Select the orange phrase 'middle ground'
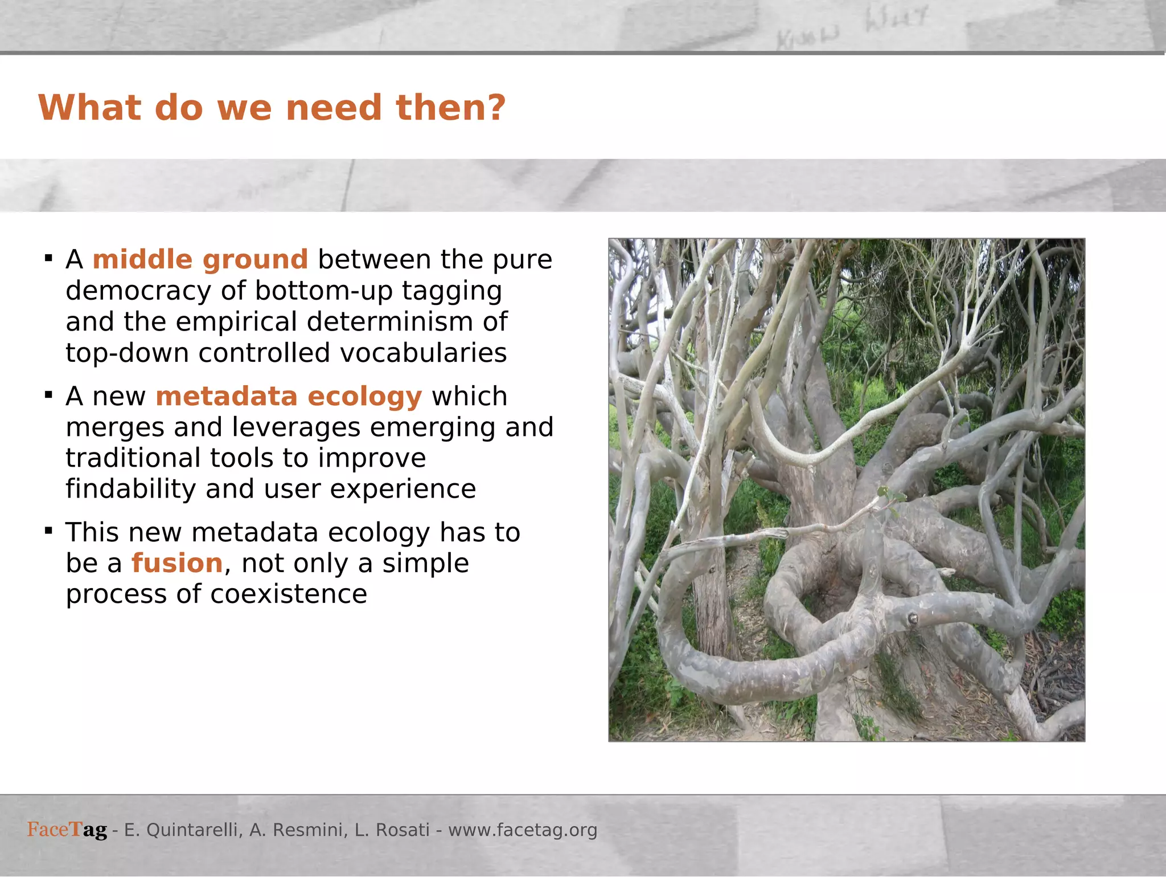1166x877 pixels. [200, 260]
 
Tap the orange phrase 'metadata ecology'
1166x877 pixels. [289, 397]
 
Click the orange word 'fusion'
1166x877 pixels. [177, 564]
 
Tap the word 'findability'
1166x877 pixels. [130, 490]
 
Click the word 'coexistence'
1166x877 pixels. [289, 594]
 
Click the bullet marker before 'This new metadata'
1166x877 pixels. [49, 531]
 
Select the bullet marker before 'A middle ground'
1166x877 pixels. [49, 259]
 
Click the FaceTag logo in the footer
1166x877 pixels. [67, 830]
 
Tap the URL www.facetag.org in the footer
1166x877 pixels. [523, 830]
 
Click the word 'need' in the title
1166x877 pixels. [334, 108]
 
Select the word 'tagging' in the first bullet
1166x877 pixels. [451, 291]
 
